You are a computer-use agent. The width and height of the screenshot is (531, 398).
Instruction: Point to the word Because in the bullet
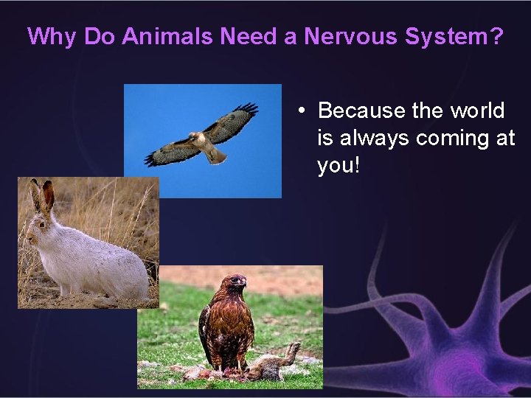click(362, 111)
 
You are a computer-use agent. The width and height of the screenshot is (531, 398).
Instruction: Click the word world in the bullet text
click(476, 111)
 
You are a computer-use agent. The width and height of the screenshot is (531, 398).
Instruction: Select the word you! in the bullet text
click(339, 165)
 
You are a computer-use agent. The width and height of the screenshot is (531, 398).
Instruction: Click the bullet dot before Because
click(302, 111)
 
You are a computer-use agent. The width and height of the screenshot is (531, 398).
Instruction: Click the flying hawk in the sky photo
click(201, 138)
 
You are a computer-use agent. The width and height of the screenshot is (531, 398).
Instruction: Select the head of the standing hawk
click(236, 282)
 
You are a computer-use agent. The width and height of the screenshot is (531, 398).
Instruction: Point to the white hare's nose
click(28, 236)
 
